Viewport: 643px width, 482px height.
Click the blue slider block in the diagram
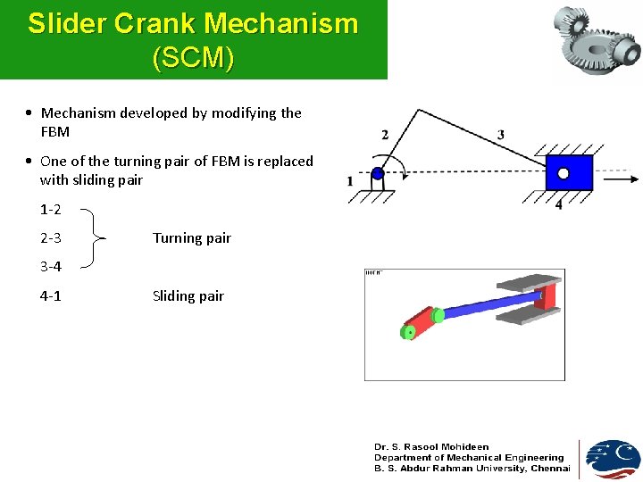tap(569, 172)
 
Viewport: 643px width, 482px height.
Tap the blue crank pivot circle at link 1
tap(378, 174)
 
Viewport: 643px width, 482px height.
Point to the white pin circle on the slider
tap(564, 174)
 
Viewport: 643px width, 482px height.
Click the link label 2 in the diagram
tap(385, 135)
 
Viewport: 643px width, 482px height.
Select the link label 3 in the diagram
tap(501, 135)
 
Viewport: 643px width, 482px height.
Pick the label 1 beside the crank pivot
tap(350, 181)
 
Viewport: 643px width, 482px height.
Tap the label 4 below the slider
tap(559, 205)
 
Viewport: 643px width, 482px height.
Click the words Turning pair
tap(192, 238)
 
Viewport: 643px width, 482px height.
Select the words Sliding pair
tap(188, 296)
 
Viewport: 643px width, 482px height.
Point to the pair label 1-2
tap(50, 211)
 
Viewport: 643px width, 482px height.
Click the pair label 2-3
tap(50, 238)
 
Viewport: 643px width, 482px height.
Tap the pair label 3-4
tap(50, 267)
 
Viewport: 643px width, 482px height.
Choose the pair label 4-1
tap(50, 296)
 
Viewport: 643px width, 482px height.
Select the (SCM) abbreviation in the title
tap(194, 59)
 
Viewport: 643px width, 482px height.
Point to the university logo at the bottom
tap(612, 459)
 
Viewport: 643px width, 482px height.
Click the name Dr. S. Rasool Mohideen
tap(431, 446)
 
